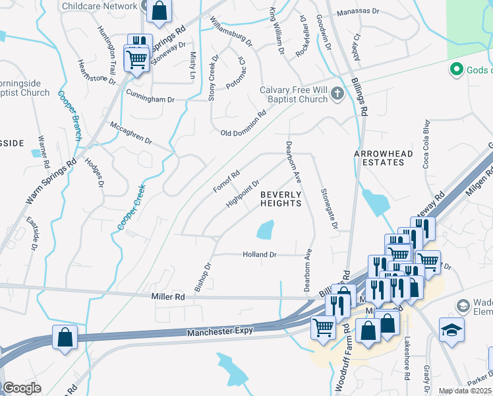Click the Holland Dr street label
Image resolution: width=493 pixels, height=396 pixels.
(x=260, y=254)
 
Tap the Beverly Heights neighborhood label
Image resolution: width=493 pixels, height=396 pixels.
(x=281, y=199)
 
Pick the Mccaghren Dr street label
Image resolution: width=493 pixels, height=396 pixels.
(x=130, y=132)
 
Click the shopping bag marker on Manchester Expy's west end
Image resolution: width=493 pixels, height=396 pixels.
(x=65, y=337)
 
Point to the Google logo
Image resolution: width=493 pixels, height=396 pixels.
(x=22, y=388)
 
